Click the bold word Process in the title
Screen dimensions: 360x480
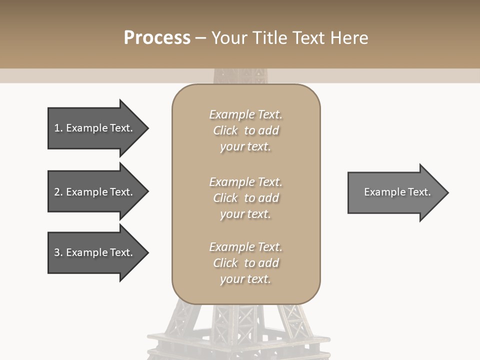157,38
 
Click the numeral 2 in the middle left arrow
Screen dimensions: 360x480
57,192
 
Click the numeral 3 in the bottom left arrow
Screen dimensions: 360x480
57,252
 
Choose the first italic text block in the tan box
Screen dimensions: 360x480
245,130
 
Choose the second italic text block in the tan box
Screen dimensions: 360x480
245,198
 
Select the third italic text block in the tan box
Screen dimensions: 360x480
245,263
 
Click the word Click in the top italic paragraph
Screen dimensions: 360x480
225,130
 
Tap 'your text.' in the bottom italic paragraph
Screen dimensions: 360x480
245,279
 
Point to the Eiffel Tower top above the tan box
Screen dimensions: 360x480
239,76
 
